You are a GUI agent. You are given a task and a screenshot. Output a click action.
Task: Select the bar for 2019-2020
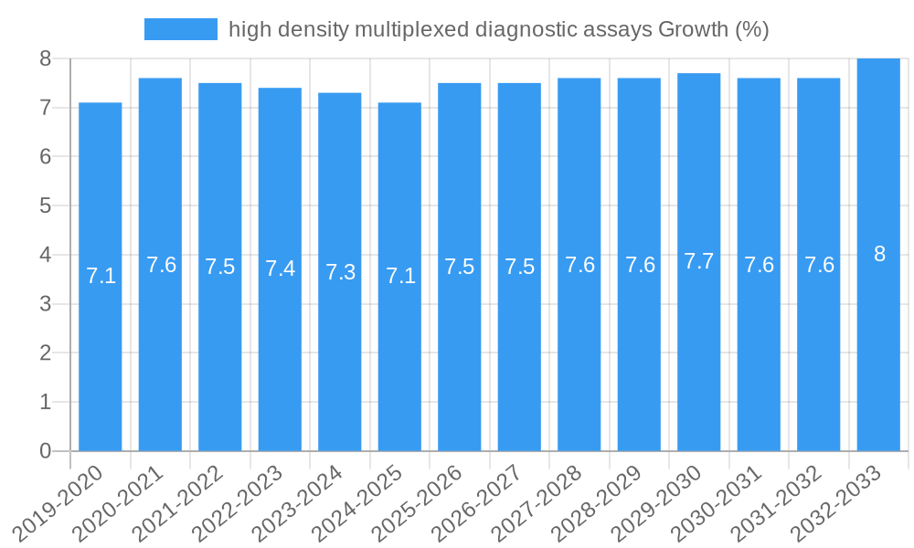tap(101, 277)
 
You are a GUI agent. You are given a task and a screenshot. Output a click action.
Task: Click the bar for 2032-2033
tap(878, 255)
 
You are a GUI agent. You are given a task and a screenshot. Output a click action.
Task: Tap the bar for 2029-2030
tap(699, 262)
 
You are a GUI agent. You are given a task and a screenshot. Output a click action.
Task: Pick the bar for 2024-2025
tap(399, 277)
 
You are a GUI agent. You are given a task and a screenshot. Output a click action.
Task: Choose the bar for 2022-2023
tap(280, 269)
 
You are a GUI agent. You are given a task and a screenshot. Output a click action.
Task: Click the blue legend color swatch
tap(181, 29)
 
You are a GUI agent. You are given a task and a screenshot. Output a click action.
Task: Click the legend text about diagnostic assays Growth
tap(498, 29)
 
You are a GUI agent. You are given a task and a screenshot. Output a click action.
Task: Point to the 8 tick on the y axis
tap(44, 58)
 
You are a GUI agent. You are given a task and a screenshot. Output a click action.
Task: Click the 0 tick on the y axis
tap(44, 451)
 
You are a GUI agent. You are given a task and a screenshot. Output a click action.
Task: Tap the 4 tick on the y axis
tap(44, 255)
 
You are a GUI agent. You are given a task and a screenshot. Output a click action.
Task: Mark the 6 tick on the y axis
tap(44, 157)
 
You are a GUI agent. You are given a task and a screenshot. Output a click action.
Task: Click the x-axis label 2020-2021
tap(119, 502)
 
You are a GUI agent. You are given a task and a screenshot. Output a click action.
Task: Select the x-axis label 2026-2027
tap(478, 502)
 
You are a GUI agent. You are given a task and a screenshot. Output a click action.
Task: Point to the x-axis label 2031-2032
tap(777, 502)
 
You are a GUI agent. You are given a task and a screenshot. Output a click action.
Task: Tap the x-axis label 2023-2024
tap(299, 502)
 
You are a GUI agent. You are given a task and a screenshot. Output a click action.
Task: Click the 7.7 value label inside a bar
tap(699, 261)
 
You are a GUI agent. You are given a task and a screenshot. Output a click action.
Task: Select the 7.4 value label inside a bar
tap(280, 269)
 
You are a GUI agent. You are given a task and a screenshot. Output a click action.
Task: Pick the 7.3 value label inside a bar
tap(340, 272)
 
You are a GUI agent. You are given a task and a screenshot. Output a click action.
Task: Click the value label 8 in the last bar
tap(879, 255)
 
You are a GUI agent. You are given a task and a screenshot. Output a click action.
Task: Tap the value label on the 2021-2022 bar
tap(220, 267)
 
